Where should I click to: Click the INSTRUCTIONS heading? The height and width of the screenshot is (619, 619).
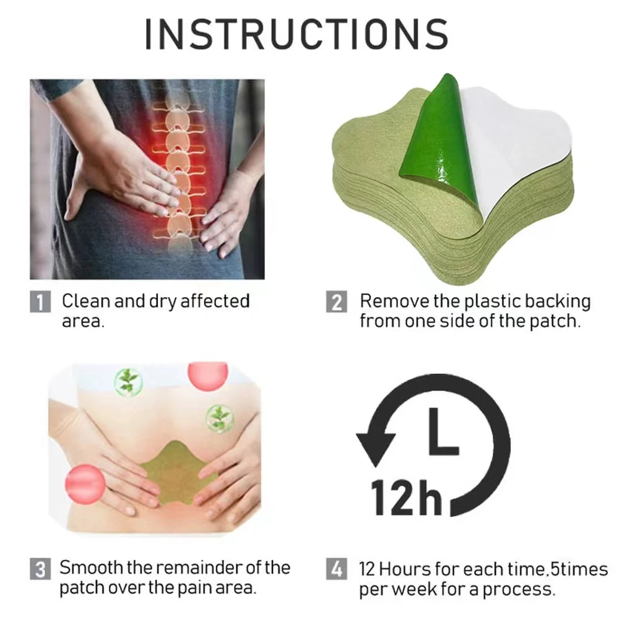[297, 34]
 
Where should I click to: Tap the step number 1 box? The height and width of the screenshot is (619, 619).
[40, 301]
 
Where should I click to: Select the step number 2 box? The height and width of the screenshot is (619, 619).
[337, 301]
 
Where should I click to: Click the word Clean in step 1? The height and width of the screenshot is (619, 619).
[85, 301]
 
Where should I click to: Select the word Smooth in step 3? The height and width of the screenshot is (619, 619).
[91, 568]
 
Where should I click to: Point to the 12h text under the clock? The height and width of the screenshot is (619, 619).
[407, 498]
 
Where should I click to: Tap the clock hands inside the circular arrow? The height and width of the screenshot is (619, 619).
[443, 431]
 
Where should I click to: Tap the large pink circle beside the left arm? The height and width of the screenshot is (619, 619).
[85, 484]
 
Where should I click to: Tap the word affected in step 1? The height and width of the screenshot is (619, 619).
[215, 301]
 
